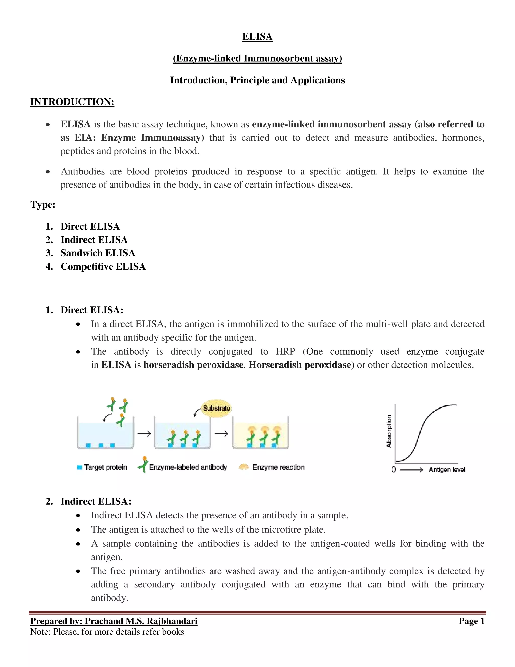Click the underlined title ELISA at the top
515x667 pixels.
(x=257, y=37)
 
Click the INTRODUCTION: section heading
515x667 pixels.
(x=72, y=102)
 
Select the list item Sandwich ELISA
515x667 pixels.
(x=98, y=253)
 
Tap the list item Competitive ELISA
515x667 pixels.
(x=103, y=266)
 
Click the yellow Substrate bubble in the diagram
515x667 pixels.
(x=216, y=408)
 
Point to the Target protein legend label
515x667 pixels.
(x=106, y=467)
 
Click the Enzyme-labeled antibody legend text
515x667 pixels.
(x=188, y=467)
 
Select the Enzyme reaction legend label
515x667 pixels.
(x=278, y=467)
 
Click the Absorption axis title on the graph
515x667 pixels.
(x=389, y=431)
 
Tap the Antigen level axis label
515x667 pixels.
(x=447, y=469)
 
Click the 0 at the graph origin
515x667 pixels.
(x=394, y=469)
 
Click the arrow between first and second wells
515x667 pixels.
(x=144, y=433)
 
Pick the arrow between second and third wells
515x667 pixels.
(x=221, y=433)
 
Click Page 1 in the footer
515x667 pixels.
(x=471, y=621)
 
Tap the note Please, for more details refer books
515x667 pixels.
(x=118, y=632)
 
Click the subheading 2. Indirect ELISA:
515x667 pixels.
(x=96, y=501)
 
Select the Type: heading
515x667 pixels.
(x=43, y=204)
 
